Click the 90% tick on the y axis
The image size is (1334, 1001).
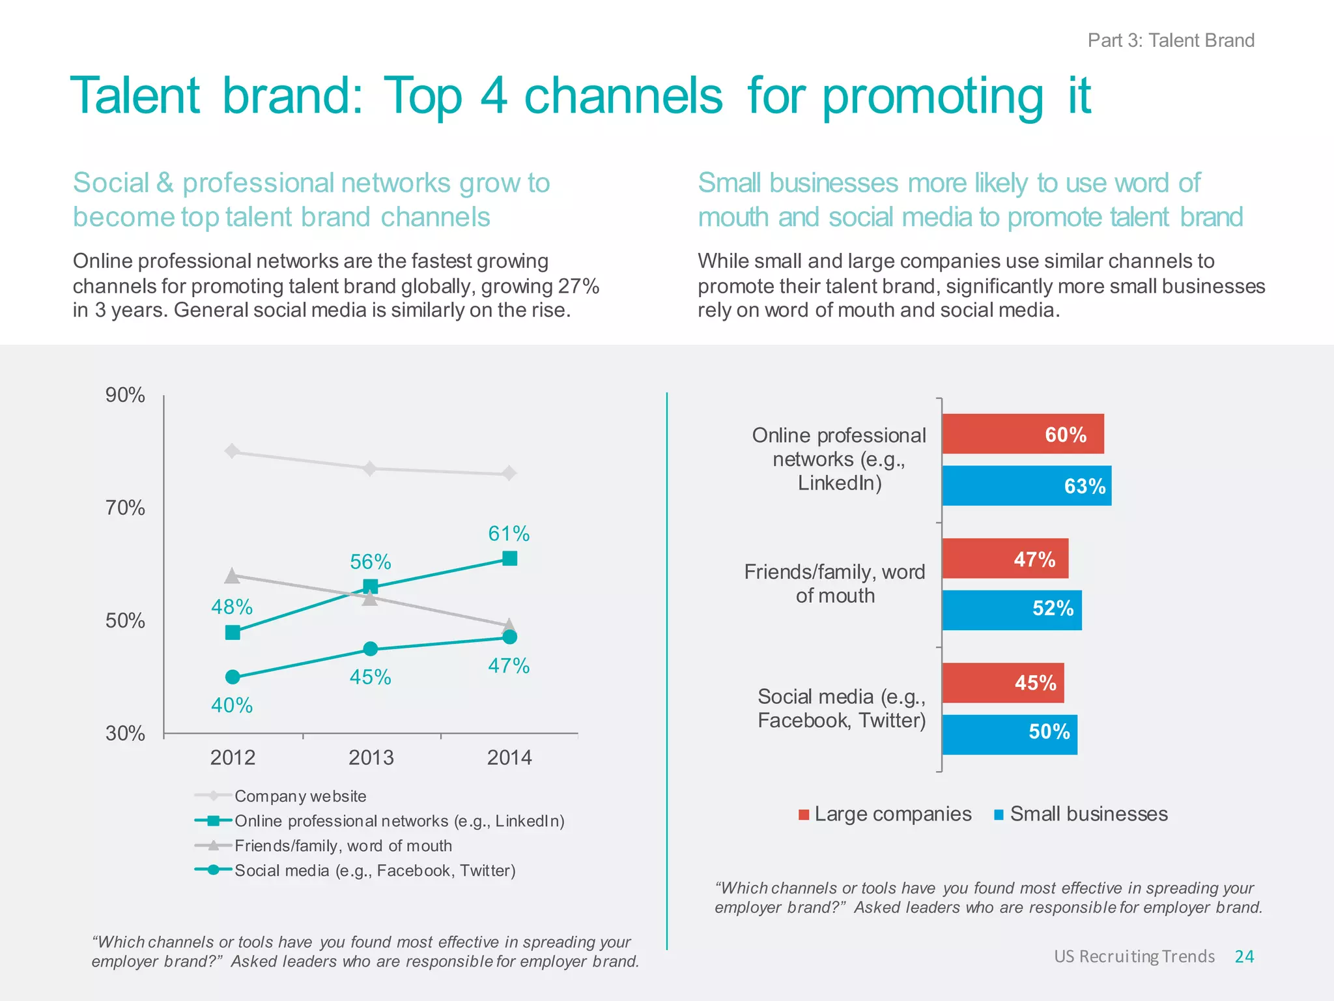(125, 395)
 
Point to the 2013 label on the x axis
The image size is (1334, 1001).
(371, 757)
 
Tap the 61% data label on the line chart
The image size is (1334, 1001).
(509, 534)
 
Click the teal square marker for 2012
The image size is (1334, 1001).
(233, 632)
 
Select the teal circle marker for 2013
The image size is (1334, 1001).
(370, 649)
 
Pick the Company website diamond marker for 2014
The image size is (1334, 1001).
(509, 473)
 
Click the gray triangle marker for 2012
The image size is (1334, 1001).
(232, 575)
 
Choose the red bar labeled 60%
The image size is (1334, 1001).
(1023, 434)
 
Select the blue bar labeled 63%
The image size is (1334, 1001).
(1027, 486)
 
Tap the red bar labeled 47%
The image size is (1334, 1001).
(1005, 559)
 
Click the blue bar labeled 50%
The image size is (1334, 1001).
(1010, 734)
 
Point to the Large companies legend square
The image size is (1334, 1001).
(804, 815)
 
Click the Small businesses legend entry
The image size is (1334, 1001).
(1088, 814)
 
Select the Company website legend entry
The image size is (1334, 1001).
(300, 796)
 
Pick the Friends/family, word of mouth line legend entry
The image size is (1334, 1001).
(343, 845)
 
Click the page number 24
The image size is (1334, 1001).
(1244, 956)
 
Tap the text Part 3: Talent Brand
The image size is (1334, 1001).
(1171, 40)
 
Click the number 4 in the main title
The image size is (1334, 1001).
(493, 96)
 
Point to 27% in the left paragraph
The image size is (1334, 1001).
(578, 286)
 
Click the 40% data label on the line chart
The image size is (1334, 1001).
(232, 705)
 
